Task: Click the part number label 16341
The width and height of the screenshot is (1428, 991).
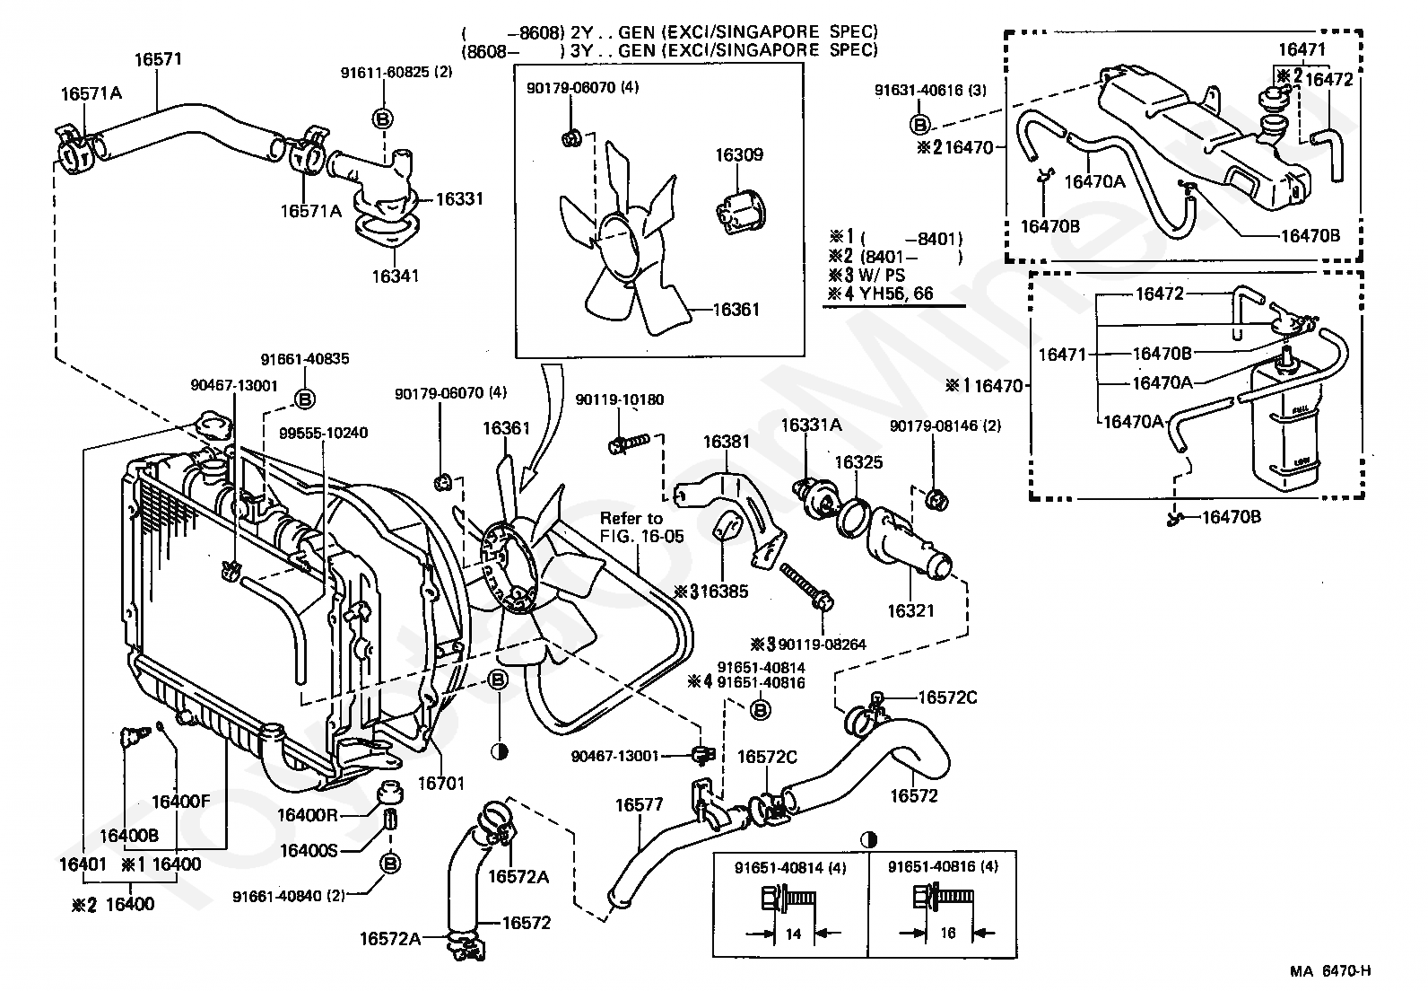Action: point(396,276)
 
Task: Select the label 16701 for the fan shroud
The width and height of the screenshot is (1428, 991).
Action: point(441,784)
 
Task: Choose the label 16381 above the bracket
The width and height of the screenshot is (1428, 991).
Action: point(726,442)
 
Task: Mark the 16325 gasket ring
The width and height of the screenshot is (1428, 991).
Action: point(856,519)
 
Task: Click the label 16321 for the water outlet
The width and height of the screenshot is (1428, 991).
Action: point(910,610)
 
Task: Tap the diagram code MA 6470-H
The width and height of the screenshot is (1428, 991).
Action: point(1330,969)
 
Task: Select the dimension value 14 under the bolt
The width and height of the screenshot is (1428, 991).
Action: point(792,934)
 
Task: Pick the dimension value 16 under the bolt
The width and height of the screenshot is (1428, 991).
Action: point(947,934)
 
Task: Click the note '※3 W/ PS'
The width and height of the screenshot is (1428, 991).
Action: point(866,275)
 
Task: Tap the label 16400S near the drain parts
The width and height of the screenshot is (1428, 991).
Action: point(309,849)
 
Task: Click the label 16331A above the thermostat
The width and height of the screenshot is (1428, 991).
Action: point(811,425)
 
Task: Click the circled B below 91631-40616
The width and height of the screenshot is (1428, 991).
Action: point(919,124)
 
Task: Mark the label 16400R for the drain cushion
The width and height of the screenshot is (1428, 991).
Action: point(307,815)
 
